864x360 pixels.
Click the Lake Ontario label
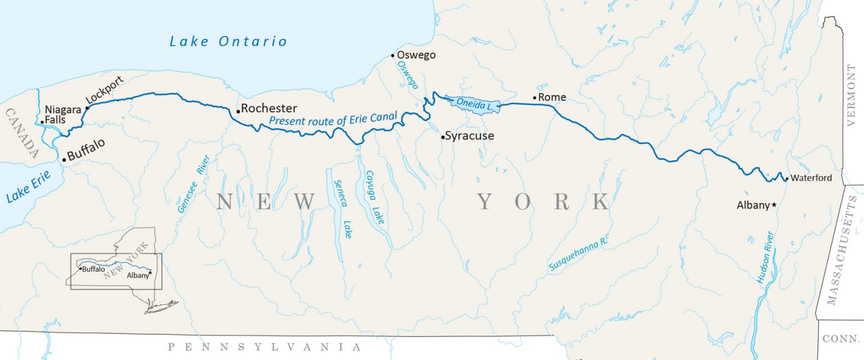(228, 41)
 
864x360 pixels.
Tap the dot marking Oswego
(393, 55)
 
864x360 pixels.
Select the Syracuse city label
(469, 136)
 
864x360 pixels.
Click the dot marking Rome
(534, 98)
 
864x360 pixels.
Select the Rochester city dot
(238, 111)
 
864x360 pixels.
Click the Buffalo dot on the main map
(64, 160)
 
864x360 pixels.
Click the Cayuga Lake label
(375, 198)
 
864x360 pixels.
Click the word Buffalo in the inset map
(93, 269)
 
